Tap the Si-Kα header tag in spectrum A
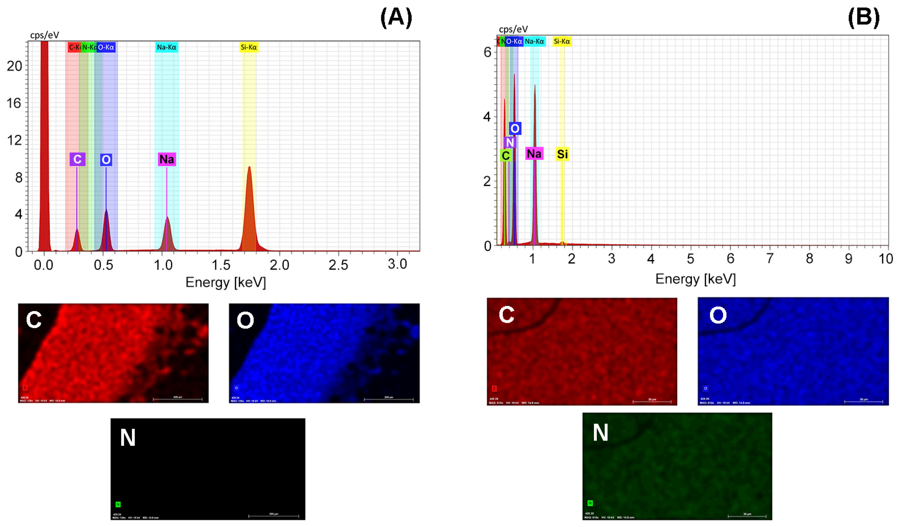249,47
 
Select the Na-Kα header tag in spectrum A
167,47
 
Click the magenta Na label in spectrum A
167,159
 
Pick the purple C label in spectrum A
77,159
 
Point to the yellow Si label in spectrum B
562,154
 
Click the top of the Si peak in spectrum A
250,167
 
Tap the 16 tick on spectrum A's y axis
14,103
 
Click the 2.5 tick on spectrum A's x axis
338,265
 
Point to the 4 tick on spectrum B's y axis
487,117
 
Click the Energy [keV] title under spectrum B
695,279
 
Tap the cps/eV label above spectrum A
45,35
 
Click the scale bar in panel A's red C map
178,399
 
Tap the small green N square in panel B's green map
590,503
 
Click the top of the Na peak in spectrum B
535,85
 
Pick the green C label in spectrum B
505,155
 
